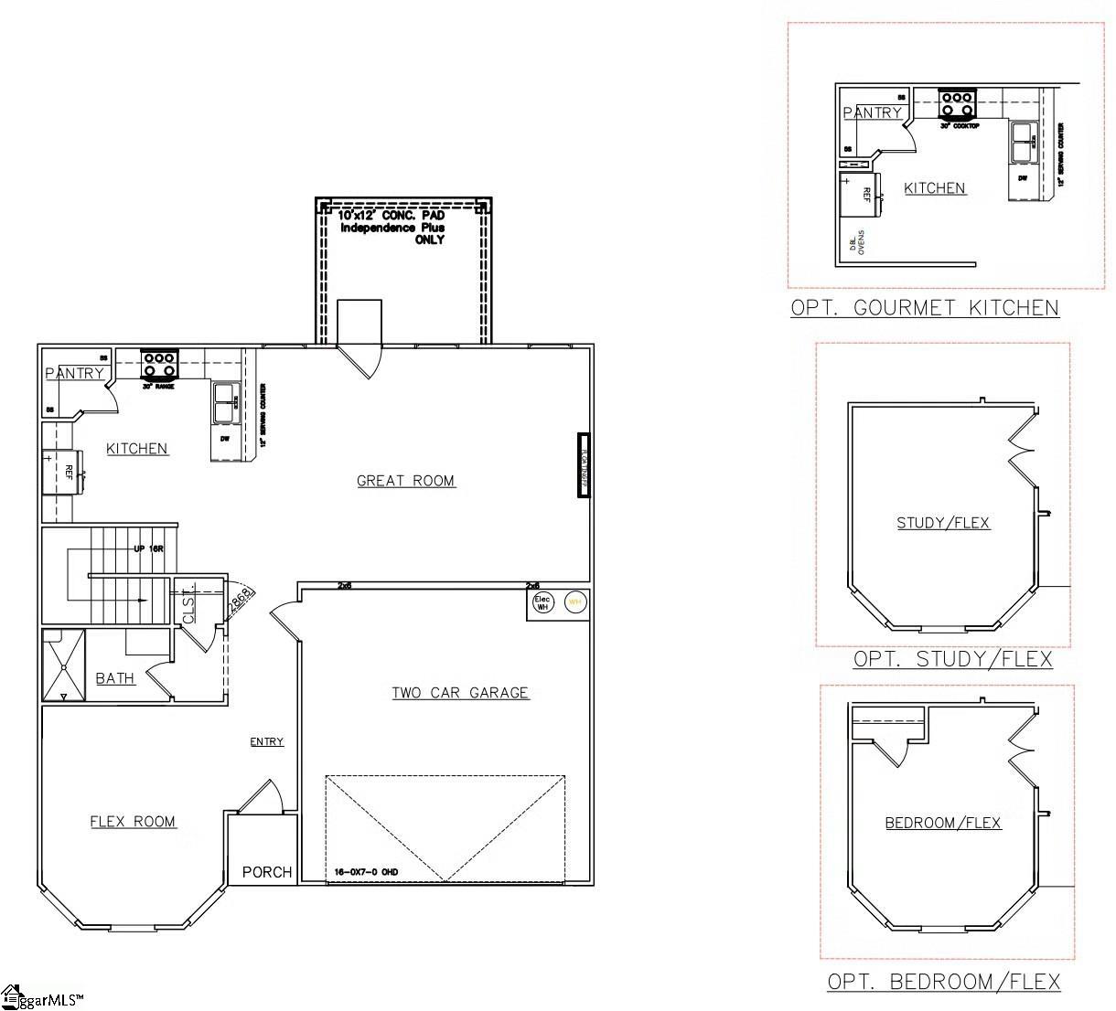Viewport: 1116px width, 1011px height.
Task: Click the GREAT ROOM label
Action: coord(405,481)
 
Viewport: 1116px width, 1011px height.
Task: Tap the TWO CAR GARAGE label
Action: coord(460,693)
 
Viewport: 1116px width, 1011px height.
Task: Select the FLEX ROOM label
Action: coord(133,822)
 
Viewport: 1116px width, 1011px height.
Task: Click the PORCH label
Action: coord(267,872)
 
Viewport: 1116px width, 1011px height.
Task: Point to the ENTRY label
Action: coord(267,741)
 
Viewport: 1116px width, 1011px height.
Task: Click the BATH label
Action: coord(115,678)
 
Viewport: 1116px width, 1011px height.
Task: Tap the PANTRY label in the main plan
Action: coord(75,373)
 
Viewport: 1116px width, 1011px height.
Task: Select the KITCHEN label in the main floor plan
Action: coord(137,448)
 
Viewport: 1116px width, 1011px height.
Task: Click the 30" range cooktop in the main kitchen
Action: coord(159,363)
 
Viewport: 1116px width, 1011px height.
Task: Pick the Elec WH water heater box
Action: coord(542,602)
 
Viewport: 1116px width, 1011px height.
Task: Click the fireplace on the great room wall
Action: coord(582,464)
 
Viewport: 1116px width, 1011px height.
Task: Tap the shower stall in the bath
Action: coord(63,665)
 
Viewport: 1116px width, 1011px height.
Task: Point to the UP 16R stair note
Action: coord(148,548)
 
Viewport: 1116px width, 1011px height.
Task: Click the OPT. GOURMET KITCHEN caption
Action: coord(925,308)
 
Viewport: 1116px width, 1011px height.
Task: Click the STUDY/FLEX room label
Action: coord(943,523)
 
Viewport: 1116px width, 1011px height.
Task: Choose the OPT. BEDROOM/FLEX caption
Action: coord(944,982)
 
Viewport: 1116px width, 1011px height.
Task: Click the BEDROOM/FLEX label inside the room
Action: coord(943,823)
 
